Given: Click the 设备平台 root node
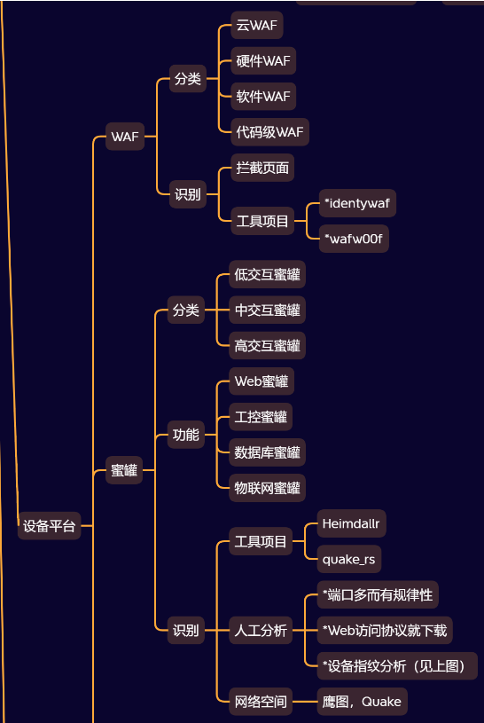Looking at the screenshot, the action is [50, 526].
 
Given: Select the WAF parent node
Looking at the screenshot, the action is [125, 137].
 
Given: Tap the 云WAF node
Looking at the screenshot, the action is [257, 25].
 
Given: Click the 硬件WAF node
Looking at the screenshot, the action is [263, 60].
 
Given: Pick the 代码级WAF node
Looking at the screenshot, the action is [269, 132].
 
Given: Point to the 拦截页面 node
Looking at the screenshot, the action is [262, 168].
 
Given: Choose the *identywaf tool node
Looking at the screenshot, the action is [357, 203].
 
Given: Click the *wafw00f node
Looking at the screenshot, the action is [354, 239].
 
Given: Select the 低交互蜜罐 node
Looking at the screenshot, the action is [267, 274].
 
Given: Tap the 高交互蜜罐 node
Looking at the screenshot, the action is [267, 345].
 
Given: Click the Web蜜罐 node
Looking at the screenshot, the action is [262, 381].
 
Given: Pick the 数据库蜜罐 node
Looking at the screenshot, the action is [267, 452].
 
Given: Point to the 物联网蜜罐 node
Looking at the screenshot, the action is [267, 488].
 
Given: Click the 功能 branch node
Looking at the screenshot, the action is [186, 435].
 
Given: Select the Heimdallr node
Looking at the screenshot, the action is [351, 523].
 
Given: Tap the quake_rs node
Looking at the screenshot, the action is [349, 559].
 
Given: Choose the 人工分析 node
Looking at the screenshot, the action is [261, 630].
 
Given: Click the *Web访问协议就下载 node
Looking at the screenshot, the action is [385, 630].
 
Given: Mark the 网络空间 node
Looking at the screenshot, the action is [261, 702].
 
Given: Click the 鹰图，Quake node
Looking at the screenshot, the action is [362, 702].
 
